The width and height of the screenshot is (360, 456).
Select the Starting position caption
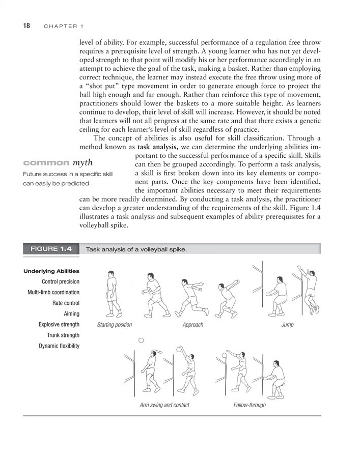tap(114, 325)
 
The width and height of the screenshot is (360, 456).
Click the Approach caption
tap(192, 325)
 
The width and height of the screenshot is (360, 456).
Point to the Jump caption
tap(287, 325)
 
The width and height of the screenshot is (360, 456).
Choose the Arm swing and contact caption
tap(164, 405)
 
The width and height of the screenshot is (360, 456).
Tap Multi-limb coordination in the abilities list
tap(53, 292)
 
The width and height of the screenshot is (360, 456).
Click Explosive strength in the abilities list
tap(59, 325)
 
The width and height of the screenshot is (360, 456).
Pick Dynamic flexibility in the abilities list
tap(57, 347)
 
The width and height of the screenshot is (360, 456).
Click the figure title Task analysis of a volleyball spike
tap(136, 249)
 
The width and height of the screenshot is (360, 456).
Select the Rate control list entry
tap(65, 303)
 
